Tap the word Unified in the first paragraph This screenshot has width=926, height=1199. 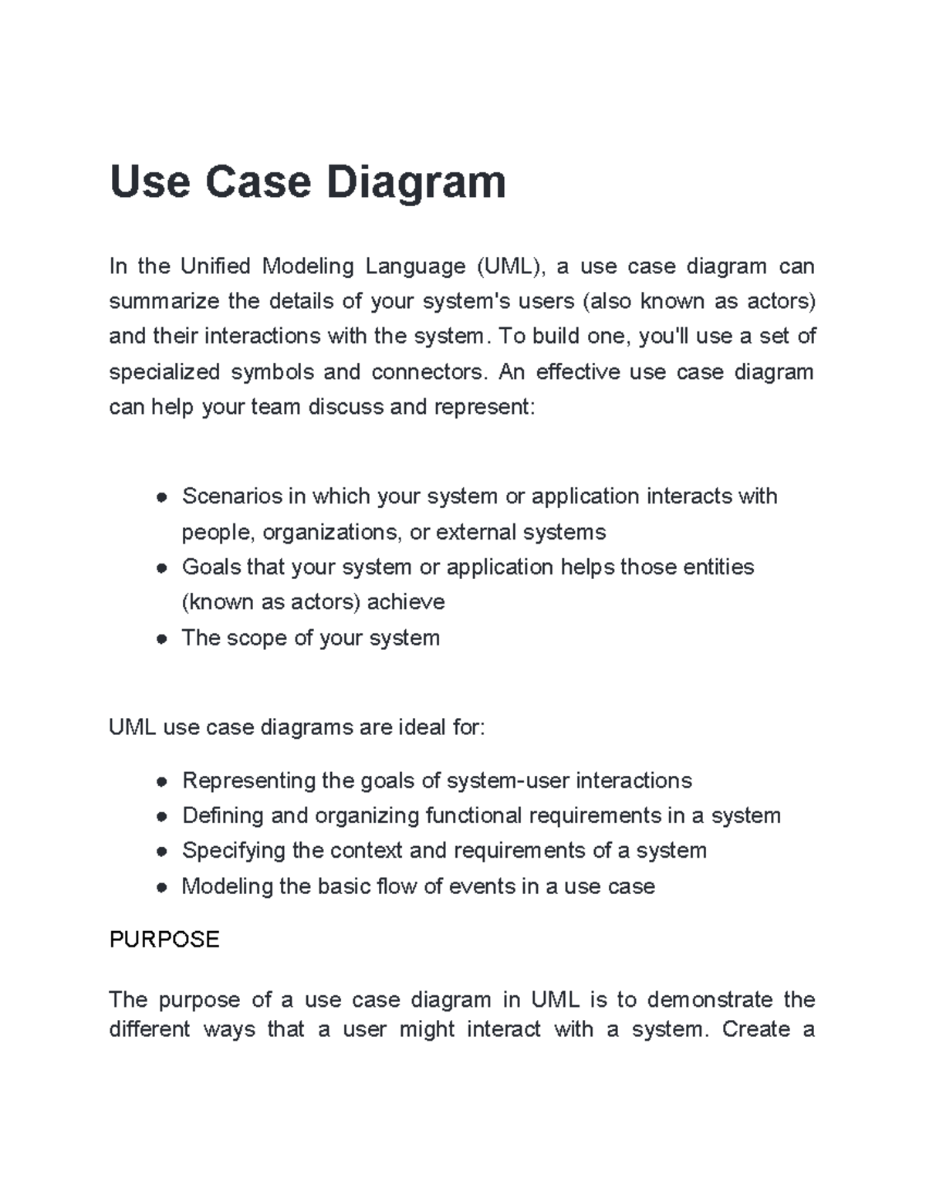pyautogui.click(x=215, y=266)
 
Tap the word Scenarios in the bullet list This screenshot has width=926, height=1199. pyautogui.click(x=231, y=496)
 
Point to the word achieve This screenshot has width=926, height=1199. pyautogui.click(x=406, y=602)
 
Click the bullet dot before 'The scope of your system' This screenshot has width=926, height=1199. pyautogui.click(x=161, y=639)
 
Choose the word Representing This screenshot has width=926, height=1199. pyautogui.click(x=248, y=781)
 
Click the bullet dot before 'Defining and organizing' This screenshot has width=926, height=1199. pyautogui.click(x=161, y=817)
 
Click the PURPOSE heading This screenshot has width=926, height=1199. pyautogui.click(x=164, y=940)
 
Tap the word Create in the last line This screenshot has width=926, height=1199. pyautogui.click(x=756, y=1030)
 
